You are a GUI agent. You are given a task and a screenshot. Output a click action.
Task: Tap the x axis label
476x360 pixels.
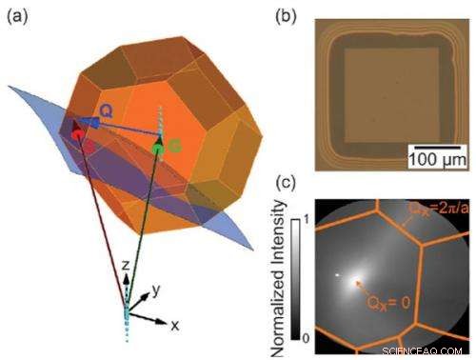point(174,325)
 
